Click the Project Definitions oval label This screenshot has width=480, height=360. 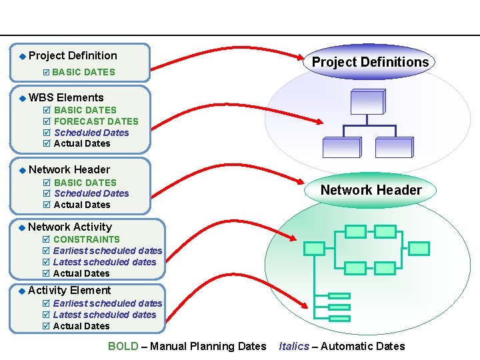(371, 62)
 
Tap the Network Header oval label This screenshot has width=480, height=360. (371, 190)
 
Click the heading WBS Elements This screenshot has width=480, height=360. (66, 98)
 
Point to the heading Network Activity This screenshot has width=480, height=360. (70, 227)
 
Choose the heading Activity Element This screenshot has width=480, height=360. (69, 291)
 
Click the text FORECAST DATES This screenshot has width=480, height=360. (96, 121)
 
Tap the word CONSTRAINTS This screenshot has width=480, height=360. (87, 239)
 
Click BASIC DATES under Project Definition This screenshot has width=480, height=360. (83, 72)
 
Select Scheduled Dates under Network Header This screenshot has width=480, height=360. (91, 193)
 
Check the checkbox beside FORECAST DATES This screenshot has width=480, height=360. (46, 121)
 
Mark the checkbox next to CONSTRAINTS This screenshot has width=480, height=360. (46, 239)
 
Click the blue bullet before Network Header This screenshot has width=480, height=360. (22, 170)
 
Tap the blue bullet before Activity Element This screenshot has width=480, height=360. (22, 291)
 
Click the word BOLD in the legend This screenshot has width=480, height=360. (123, 346)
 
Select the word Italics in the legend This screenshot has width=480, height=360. (294, 346)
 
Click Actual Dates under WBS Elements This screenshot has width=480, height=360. (82, 143)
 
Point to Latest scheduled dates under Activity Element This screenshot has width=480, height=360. (105, 315)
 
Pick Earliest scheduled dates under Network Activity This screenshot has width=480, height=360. (107, 251)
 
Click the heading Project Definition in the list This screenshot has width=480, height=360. (73, 56)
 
